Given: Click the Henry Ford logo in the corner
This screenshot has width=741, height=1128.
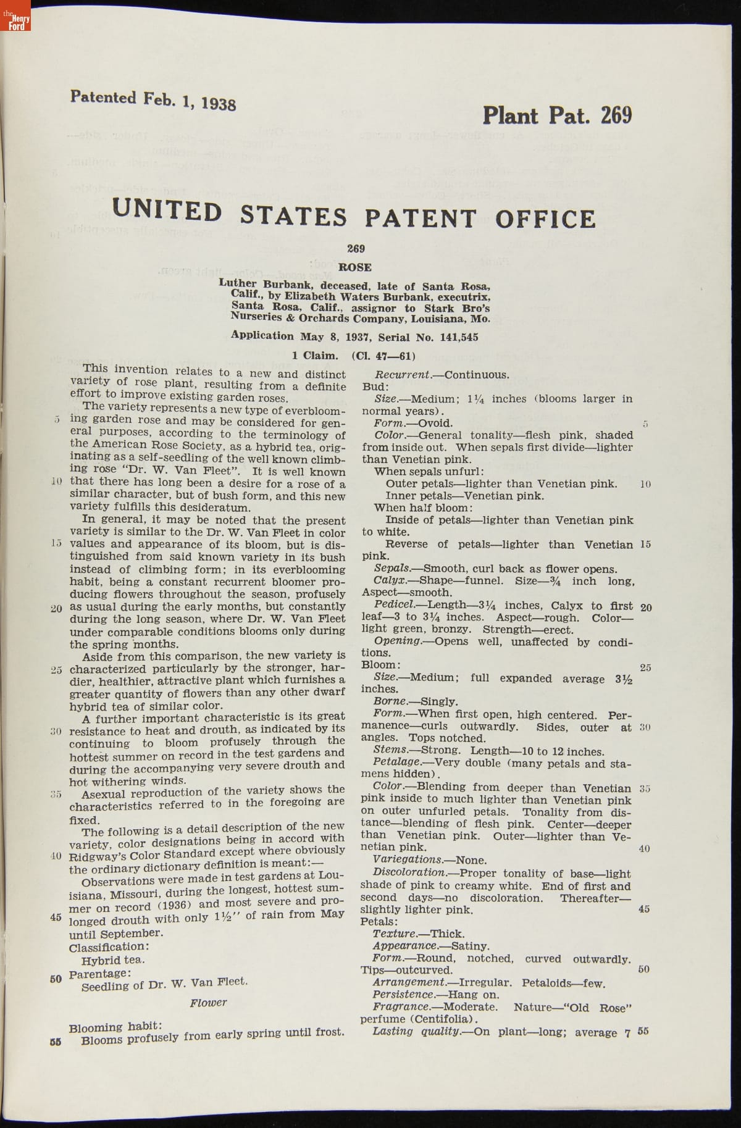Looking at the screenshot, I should click(15, 15).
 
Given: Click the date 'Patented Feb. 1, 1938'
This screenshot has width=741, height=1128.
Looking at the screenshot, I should click(153, 100).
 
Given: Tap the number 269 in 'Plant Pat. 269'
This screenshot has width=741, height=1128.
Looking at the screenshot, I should click(616, 115).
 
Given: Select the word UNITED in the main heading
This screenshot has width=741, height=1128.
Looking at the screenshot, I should click(167, 211).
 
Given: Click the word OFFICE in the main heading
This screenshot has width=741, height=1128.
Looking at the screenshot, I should click(545, 219).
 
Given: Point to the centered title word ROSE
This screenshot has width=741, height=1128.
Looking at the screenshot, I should click(355, 267).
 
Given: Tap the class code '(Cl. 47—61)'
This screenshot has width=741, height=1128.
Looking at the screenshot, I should click(383, 356).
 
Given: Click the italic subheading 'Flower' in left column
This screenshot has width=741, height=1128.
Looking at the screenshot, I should click(208, 1003).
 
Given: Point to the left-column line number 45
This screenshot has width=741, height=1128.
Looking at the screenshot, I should click(56, 917).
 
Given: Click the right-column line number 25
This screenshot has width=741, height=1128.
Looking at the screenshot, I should click(645, 667).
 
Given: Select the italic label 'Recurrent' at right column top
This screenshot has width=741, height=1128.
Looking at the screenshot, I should click(403, 375).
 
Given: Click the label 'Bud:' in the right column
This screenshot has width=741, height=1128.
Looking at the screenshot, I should click(375, 387).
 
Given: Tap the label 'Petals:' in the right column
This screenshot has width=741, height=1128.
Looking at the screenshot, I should click(379, 922).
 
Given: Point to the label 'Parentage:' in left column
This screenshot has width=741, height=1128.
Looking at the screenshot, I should click(99, 974).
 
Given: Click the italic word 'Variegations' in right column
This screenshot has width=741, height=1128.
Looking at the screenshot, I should click(408, 860).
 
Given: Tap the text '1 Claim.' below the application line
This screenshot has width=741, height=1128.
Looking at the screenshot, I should click(315, 356).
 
